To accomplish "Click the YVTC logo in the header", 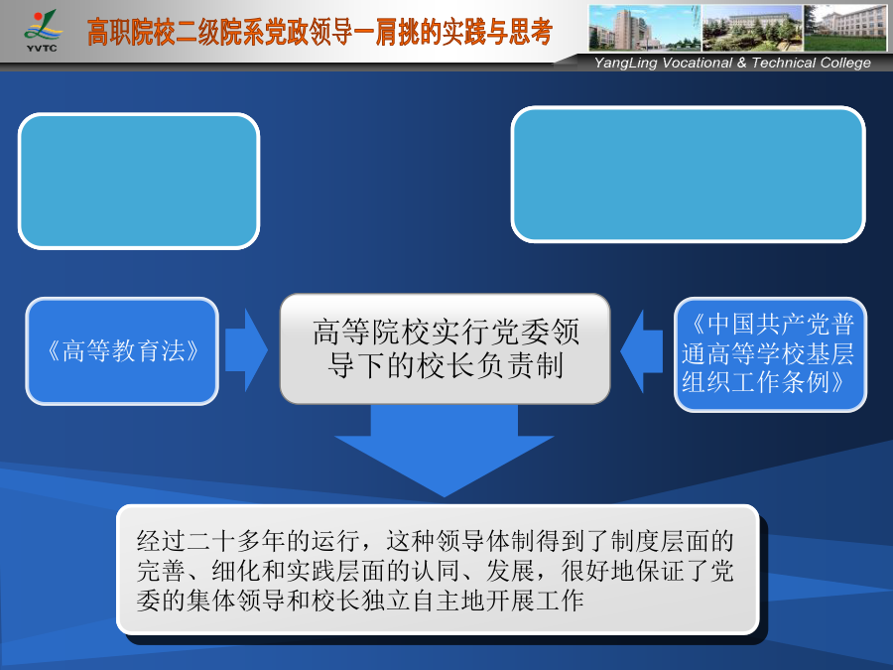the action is tap(42, 31).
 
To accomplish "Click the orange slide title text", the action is tap(319, 32).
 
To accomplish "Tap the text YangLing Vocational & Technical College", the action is tap(732, 63).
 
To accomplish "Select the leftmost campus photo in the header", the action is tap(645, 28).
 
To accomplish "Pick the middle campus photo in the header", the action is tap(752, 28).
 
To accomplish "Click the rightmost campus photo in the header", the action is tap(845, 28).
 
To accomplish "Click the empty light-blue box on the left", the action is tap(139, 182).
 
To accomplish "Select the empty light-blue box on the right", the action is tap(688, 175).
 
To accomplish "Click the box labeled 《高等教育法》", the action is tap(122, 351).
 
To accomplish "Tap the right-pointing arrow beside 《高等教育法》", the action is tap(246, 350).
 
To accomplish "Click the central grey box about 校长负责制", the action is tap(445, 348).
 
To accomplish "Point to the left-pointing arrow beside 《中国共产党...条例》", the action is tap(641, 351).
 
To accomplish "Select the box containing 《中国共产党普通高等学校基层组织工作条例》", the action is tap(770, 353).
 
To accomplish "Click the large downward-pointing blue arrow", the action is tap(445, 450).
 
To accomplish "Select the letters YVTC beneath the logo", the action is tap(42, 49).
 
